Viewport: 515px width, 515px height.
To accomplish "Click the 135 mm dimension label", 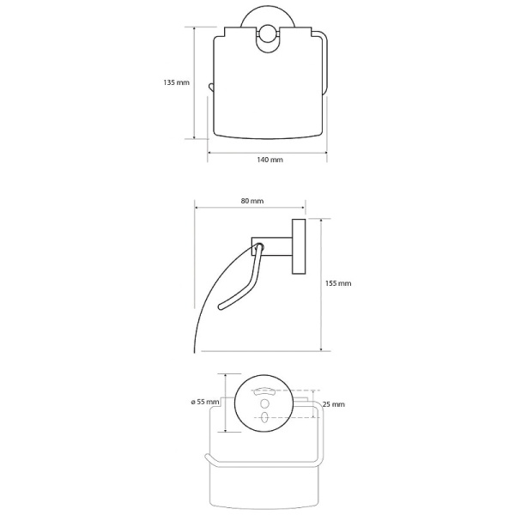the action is pos(176,82).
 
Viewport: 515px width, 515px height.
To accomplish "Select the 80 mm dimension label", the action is pos(251,201).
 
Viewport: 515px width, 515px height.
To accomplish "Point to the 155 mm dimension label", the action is pos(338,283).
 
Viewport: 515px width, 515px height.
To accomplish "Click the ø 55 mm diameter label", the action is pos(205,402).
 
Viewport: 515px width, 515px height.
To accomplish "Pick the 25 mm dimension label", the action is pos(334,404).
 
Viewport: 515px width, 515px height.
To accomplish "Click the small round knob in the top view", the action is pos(269,33).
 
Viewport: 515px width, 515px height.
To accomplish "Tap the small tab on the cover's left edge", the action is pos(210,87).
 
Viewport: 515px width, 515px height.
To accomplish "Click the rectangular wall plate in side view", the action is pos(299,246).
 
